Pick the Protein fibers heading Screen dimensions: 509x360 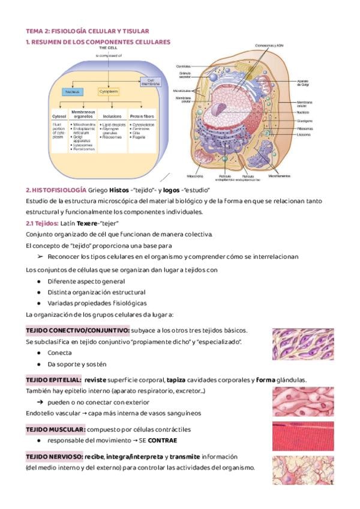click(143, 116)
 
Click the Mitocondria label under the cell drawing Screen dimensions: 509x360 click(194, 176)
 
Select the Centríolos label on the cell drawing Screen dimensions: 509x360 click(184, 66)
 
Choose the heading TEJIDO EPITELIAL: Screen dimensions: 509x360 click(53, 380)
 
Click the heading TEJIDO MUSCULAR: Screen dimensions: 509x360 click(56, 429)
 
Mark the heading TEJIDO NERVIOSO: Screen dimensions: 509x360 click(54, 457)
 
